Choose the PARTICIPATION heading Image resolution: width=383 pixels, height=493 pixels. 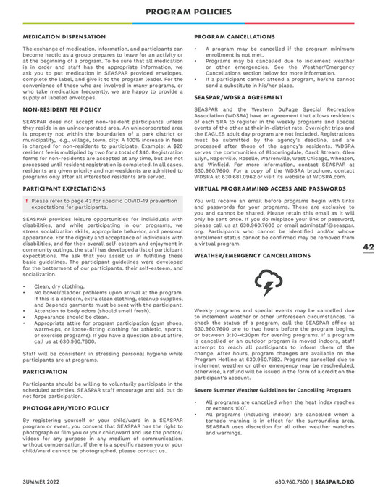click(45, 371)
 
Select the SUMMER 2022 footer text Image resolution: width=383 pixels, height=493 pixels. click(43, 481)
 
